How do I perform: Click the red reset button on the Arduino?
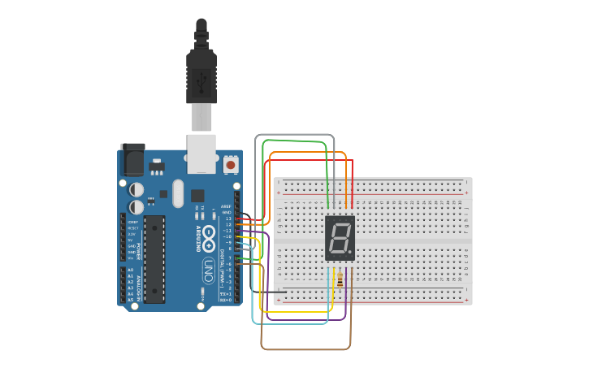tap(231, 165)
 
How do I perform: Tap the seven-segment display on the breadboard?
tap(340, 237)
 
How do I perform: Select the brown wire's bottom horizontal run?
tap(305, 349)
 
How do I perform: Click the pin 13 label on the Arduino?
tap(228, 219)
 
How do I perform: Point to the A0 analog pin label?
tap(130, 270)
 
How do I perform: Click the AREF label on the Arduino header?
tap(227, 207)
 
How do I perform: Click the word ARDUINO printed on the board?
tap(196, 240)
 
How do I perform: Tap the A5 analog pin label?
tap(130, 300)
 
